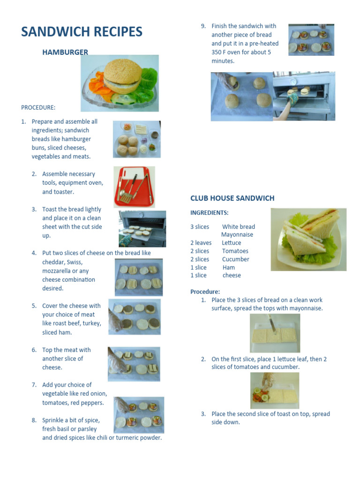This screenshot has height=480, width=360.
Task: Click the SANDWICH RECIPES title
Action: pyautogui.click(x=82, y=32)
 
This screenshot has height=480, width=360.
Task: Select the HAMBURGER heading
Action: pyautogui.click(x=65, y=52)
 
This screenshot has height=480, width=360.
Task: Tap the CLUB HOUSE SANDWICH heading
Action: pyautogui.click(x=232, y=198)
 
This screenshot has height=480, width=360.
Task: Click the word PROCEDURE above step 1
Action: pyautogui.click(x=38, y=107)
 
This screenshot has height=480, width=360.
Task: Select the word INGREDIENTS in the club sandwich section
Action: pyautogui.click(x=209, y=213)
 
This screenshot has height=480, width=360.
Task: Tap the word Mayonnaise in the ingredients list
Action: pyautogui.click(x=237, y=235)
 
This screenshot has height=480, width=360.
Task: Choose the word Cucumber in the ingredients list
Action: pyautogui.click(x=235, y=259)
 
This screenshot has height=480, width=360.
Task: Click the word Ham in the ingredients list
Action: pyautogui.click(x=229, y=268)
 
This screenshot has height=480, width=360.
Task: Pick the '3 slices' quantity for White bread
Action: pyautogui.click(x=200, y=227)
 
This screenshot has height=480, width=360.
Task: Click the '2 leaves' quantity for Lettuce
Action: pyautogui.click(x=201, y=243)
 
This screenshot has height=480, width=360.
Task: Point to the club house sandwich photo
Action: pyautogui.click(x=308, y=239)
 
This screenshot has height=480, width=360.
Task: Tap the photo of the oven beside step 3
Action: pyautogui.click(x=142, y=228)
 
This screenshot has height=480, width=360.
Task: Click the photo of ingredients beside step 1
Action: pyautogui.click(x=136, y=139)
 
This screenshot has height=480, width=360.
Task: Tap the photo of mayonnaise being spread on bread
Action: pyautogui.click(x=275, y=333)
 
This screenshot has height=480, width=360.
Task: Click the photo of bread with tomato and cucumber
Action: pyautogui.click(x=274, y=390)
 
